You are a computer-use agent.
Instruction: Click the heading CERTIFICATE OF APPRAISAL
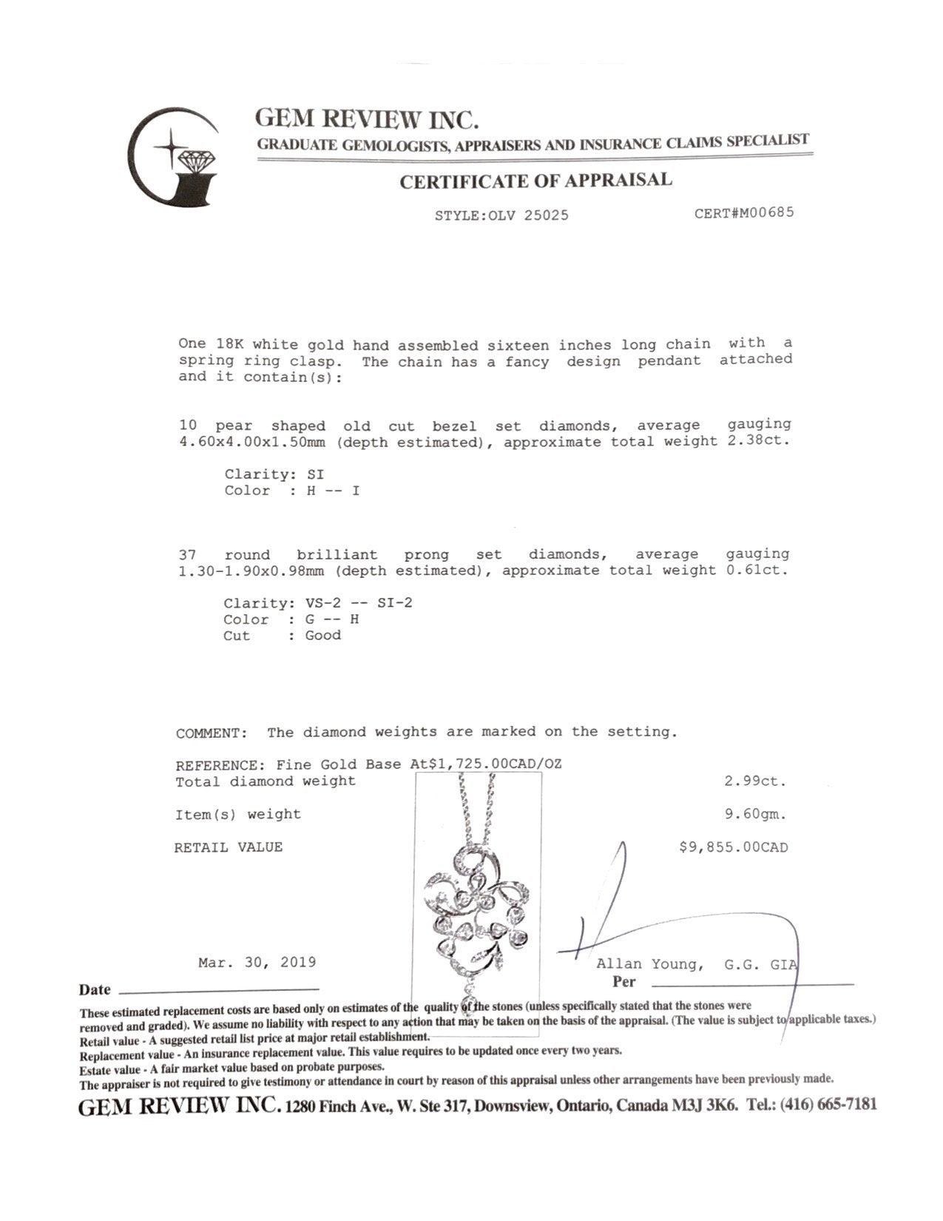pos(535,181)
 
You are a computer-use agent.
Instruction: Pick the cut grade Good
pos(322,636)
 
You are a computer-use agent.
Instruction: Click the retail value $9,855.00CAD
pos(733,847)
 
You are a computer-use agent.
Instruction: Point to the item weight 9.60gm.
pos(755,814)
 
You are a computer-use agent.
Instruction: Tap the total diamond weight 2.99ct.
pos(755,781)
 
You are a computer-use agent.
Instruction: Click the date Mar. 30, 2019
pos(257,962)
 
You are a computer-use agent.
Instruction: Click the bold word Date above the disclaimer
pos(95,990)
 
